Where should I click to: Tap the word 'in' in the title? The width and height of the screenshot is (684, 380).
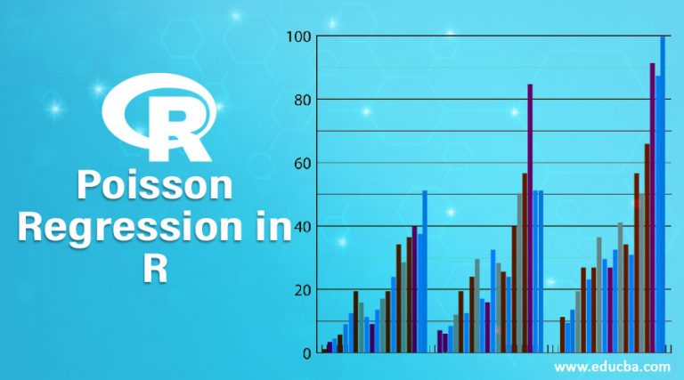click(268, 228)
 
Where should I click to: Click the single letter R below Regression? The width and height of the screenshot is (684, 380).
click(153, 268)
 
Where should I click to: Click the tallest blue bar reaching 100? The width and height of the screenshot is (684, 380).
click(663, 196)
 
